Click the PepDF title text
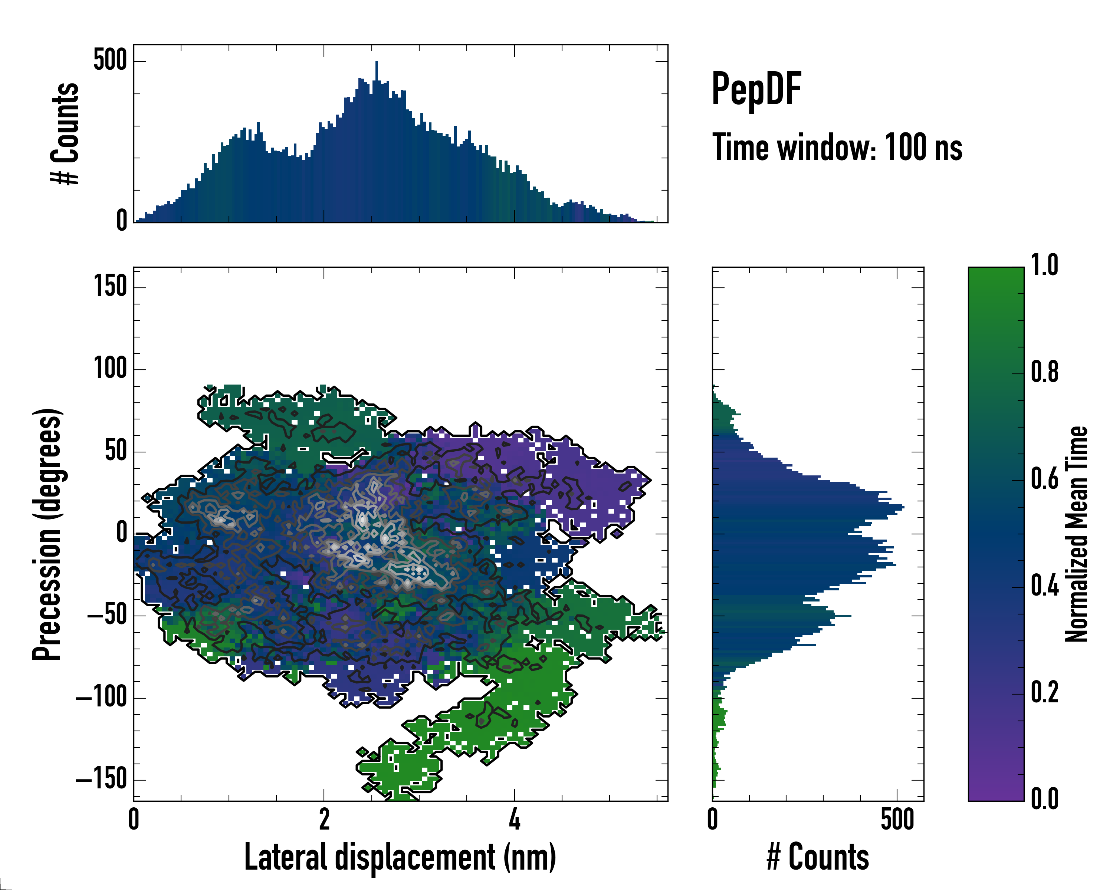point(756,89)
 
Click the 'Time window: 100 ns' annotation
point(837,148)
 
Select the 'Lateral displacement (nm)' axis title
point(400,857)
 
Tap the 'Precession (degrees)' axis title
point(47,534)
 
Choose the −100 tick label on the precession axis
point(101,698)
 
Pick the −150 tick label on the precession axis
point(101,779)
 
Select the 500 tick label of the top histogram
point(110,60)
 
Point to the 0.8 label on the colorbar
point(1044,373)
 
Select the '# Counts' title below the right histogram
point(818,857)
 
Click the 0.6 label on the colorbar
point(1044,479)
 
